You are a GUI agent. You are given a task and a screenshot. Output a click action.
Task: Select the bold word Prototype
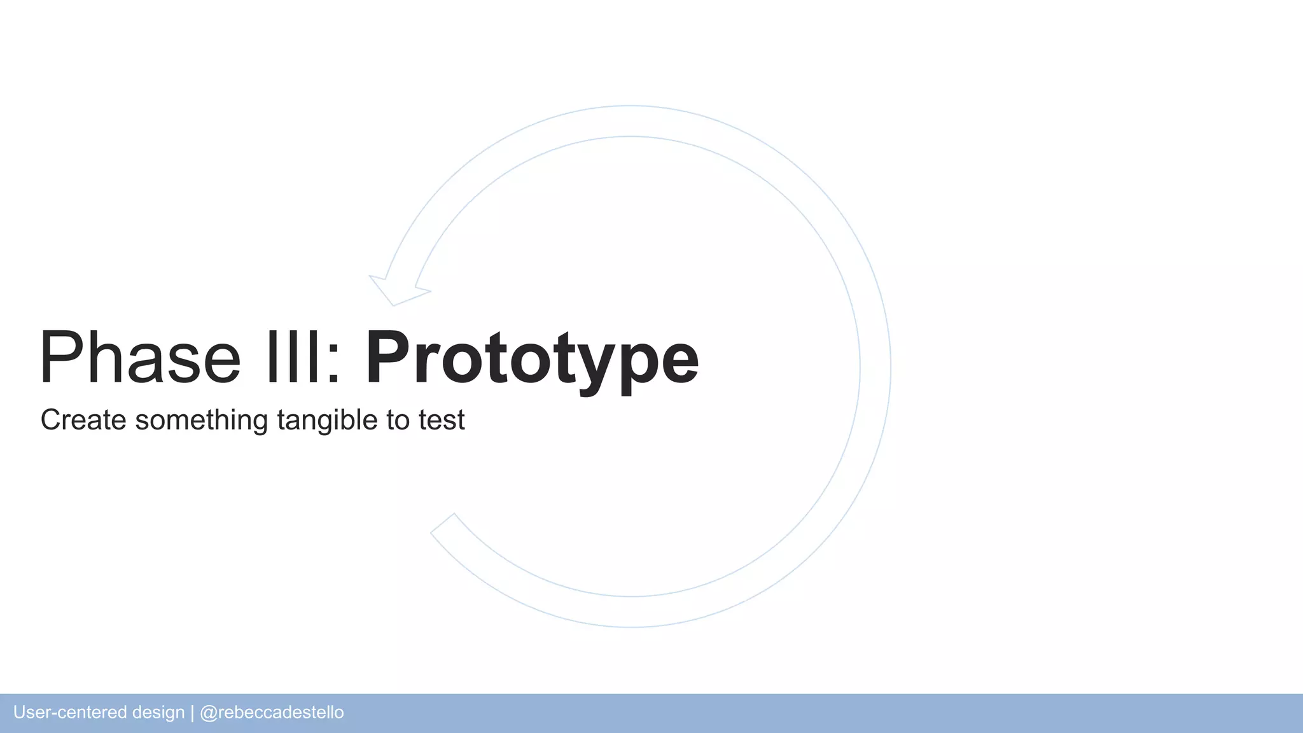click(x=532, y=358)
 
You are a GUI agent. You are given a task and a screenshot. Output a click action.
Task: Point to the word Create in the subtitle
click(x=83, y=420)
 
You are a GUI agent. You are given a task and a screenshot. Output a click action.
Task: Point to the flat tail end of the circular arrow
click(x=443, y=524)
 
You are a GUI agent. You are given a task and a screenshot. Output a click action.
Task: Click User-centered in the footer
click(x=70, y=713)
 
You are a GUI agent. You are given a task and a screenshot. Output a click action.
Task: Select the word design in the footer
click(x=158, y=713)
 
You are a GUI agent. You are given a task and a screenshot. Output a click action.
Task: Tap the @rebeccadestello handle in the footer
click(x=272, y=713)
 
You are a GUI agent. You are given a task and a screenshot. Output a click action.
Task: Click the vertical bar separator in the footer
click(x=192, y=713)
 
